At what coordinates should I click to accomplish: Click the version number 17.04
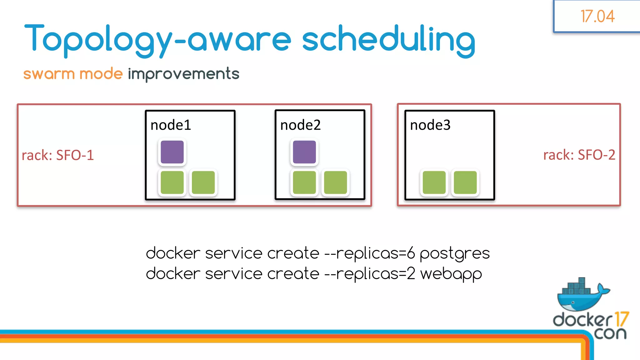(597, 16)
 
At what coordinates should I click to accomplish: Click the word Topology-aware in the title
(158, 39)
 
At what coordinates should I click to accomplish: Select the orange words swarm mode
(73, 74)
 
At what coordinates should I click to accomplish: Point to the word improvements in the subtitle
(183, 74)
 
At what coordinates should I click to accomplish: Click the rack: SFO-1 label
(58, 155)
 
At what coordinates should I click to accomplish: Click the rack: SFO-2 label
(579, 155)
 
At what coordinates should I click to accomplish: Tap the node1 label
(171, 125)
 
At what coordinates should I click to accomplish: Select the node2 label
(300, 125)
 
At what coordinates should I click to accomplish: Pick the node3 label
(430, 125)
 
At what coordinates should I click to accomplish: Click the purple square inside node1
(172, 152)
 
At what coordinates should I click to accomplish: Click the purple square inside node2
(304, 152)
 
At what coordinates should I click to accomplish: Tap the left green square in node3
(434, 182)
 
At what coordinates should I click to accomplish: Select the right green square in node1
(203, 182)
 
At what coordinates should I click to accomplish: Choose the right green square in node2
(336, 182)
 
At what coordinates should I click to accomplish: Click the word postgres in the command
(454, 253)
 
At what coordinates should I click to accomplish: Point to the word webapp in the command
(451, 274)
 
